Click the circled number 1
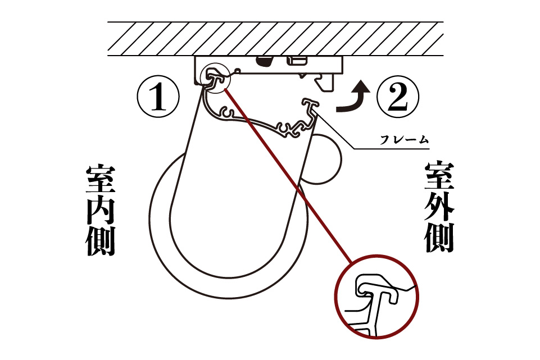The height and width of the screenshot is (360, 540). (158, 97)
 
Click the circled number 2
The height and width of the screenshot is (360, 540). (398, 97)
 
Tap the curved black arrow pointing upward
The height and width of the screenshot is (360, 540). (354, 98)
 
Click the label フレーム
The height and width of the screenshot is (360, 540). (405, 140)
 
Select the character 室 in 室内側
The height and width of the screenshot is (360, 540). (100, 179)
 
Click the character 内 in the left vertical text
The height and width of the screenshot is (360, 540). (100, 211)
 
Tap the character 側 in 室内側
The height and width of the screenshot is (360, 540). (100, 241)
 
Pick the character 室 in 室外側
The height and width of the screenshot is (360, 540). (439, 176)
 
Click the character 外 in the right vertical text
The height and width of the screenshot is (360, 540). (439, 207)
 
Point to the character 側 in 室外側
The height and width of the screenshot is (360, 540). (439, 238)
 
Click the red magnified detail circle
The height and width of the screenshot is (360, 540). (376, 255)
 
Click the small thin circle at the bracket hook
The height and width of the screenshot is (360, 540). (214, 63)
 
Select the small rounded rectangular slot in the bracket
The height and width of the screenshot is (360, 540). (297, 61)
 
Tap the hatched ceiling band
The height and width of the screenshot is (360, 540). (275, 39)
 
